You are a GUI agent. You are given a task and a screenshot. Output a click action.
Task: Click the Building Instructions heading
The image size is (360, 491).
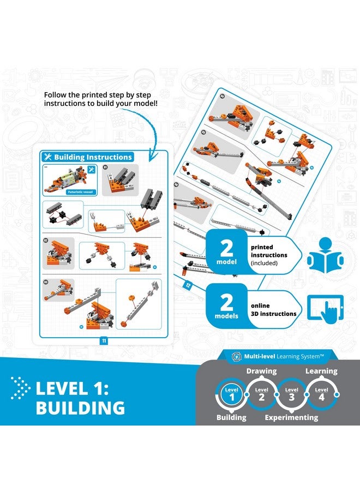point(93,157)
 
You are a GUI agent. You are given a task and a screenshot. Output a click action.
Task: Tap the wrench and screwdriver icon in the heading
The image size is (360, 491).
point(47,157)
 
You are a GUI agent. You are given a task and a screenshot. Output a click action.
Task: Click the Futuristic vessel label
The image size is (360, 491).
point(77,192)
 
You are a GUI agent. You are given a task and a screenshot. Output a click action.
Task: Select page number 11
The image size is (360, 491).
point(103,341)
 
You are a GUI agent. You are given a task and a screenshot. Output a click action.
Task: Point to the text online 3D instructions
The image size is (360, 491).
point(273,310)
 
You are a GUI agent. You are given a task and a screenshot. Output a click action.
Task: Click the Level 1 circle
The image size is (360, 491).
point(232,393)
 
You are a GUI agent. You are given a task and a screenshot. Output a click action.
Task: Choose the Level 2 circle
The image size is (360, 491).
point(262,393)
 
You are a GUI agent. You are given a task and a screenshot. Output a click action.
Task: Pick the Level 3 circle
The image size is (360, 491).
point(292,393)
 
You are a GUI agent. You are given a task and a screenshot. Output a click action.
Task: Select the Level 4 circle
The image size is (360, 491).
point(322,393)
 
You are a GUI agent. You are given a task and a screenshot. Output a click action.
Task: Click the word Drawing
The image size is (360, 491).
point(261,371)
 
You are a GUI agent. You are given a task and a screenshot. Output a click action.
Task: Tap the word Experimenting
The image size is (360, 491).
point(291,417)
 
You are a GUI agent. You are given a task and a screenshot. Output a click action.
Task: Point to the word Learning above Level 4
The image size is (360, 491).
point(321,371)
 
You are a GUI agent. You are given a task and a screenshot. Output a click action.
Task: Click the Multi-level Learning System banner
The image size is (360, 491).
point(278,356)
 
